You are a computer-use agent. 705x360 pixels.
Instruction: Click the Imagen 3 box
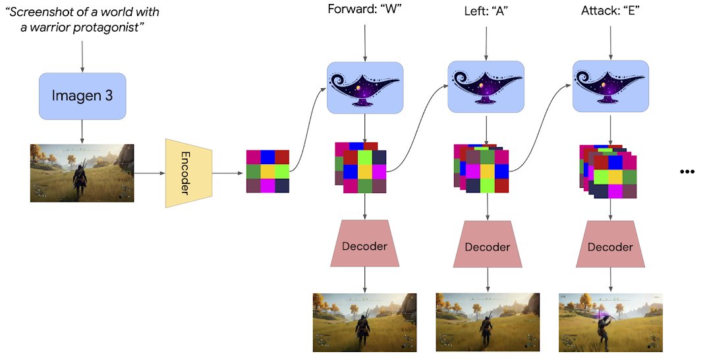click(82, 96)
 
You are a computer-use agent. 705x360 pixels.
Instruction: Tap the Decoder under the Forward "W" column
click(364, 246)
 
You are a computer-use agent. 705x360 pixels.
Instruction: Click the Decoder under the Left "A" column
click(488, 247)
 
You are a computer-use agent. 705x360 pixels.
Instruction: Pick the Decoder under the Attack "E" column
click(609, 247)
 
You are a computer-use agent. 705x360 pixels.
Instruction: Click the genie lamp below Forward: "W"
click(364, 87)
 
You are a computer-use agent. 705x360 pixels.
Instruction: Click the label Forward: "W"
click(364, 11)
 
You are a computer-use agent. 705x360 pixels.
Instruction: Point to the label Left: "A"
click(486, 11)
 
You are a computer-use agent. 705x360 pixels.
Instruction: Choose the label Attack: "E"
click(609, 11)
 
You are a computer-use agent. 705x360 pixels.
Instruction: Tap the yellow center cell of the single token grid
click(268, 171)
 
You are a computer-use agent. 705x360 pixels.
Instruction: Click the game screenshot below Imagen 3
click(82, 173)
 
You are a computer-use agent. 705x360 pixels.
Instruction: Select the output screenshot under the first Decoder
click(364, 322)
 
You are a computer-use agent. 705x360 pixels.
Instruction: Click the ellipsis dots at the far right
click(687, 171)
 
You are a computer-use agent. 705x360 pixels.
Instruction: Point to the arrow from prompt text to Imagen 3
click(82, 56)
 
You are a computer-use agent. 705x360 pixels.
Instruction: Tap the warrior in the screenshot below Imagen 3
click(80, 178)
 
